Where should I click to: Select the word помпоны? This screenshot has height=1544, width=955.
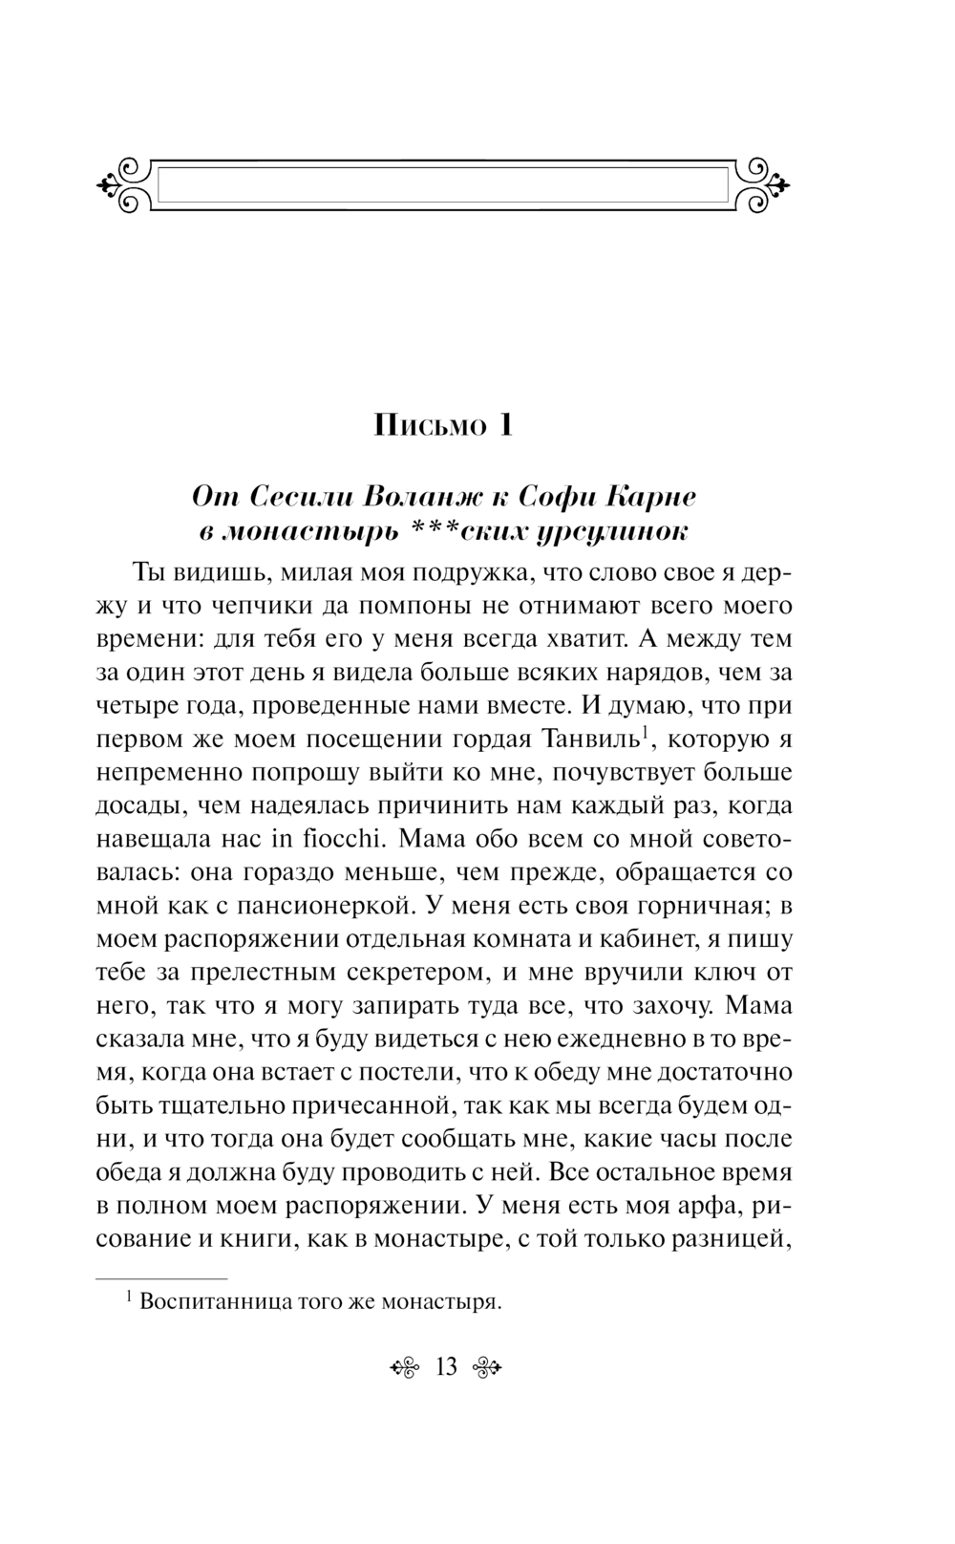tap(367, 606)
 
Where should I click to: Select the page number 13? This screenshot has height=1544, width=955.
tap(447, 1367)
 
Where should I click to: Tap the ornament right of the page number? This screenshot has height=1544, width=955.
tap(488, 1368)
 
